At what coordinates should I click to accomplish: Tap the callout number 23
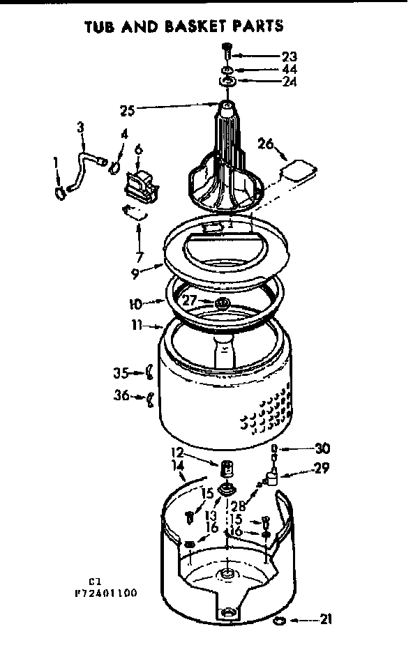[x=289, y=56]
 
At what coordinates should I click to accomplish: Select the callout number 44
[x=289, y=70]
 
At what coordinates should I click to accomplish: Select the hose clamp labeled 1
[x=61, y=188]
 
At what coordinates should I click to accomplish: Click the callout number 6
[x=138, y=148]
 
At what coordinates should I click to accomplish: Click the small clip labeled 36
[x=149, y=400]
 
